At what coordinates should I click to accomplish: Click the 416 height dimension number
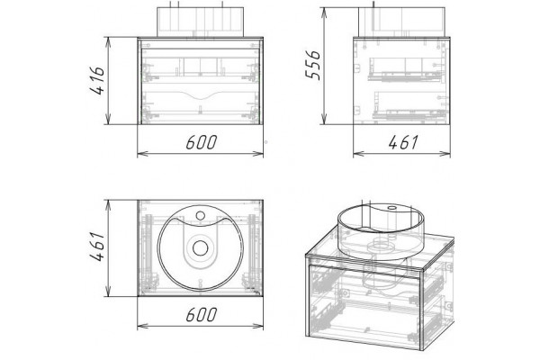(x=97, y=81)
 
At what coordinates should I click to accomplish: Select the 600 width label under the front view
(x=202, y=142)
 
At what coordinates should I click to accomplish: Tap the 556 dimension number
(x=313, y=65)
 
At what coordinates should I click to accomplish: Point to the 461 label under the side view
(x=403, y=142)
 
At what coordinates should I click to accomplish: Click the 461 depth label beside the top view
(x=97, y=247)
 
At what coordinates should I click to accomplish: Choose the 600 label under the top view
(x=202, y=314)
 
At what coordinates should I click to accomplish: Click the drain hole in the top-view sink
(x=201, y=248)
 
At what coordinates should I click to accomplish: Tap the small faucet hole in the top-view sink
(x=201, y=216)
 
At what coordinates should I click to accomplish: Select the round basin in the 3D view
(x=381, y=230)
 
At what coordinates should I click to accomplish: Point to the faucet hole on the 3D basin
(x=391, y=208)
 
